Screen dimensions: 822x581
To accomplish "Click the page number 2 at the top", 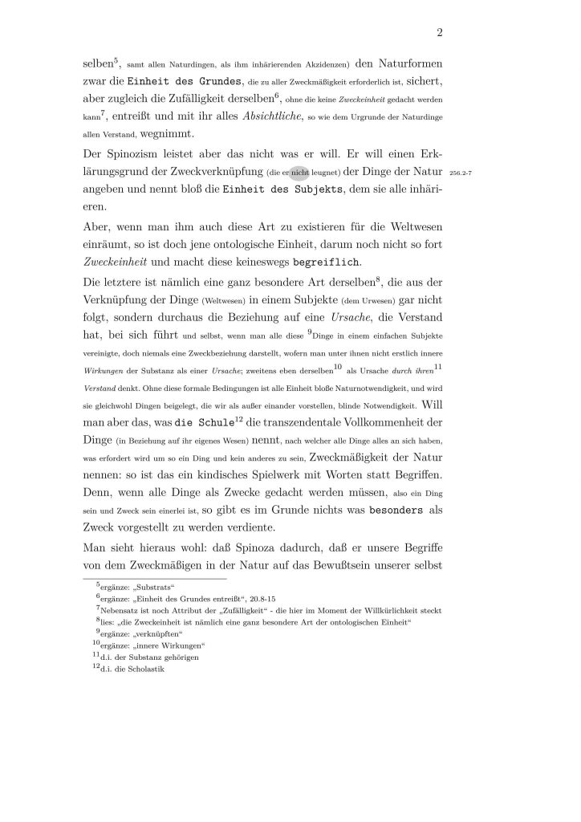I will (441, 33).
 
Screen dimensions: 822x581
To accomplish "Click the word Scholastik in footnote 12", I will (145, 669).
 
